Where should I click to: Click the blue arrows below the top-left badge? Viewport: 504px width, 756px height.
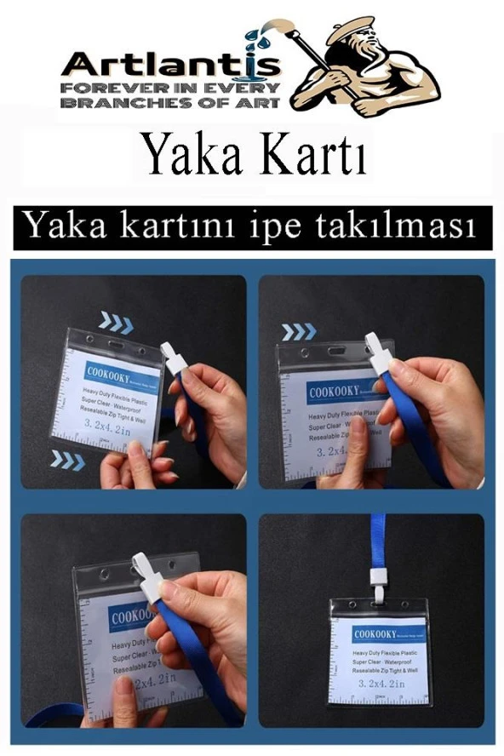67,460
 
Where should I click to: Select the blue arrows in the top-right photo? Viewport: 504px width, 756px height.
300,331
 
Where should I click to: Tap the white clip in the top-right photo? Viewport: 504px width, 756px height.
378,352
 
